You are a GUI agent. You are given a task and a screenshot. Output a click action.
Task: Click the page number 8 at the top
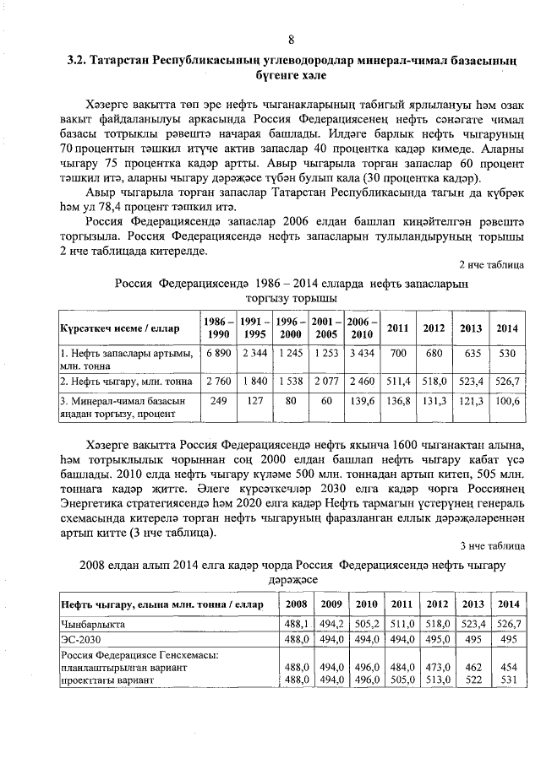291,40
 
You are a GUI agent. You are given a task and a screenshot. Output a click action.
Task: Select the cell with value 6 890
218,352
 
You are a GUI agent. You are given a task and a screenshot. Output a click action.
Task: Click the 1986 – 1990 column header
218,328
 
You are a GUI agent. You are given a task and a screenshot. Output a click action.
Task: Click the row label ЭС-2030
77,640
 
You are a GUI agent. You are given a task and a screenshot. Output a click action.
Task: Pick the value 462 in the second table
473,667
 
